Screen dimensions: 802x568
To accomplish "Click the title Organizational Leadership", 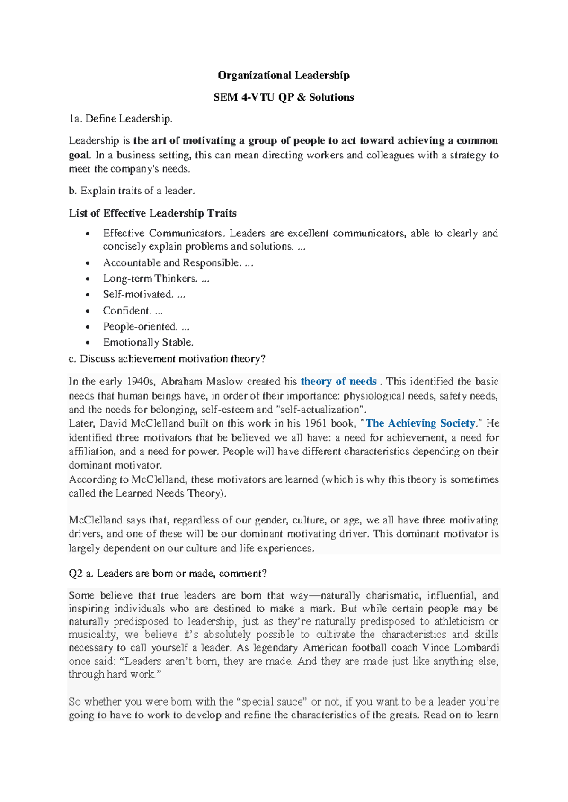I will (x=284, y=76).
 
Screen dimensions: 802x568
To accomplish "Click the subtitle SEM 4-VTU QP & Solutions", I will (x=284, y=97).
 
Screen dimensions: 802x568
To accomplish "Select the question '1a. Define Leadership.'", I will (x=121, y=119).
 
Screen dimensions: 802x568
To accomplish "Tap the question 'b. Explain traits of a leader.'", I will (x=132, y=191).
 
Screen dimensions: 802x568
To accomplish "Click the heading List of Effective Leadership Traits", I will (x=152, y=213).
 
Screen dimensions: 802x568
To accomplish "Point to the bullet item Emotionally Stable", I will (x=148, y=342).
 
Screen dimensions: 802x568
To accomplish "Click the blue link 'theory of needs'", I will (x=338, y=382).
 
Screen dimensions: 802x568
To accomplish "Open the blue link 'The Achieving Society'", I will (x=420, y=423).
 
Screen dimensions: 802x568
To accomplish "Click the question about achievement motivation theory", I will (x=167, y=359).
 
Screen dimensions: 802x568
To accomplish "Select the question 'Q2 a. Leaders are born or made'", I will (x=168, y=574).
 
